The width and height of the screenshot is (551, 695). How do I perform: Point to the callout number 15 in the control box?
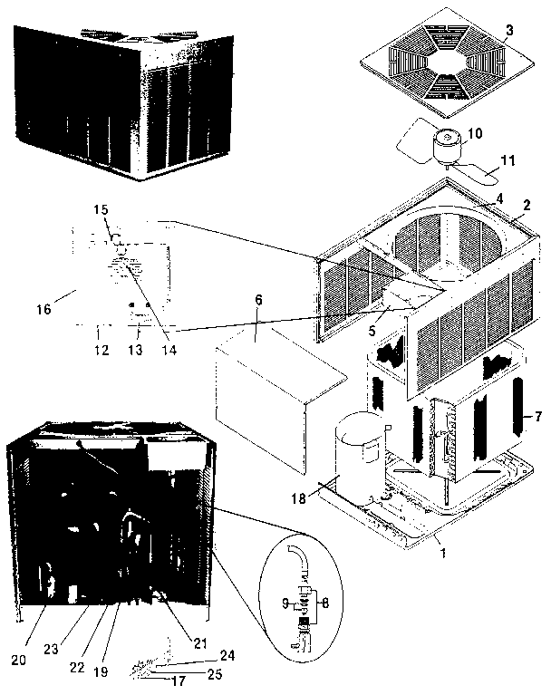pos(101,210)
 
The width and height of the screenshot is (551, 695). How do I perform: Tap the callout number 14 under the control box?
pos(167,349)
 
